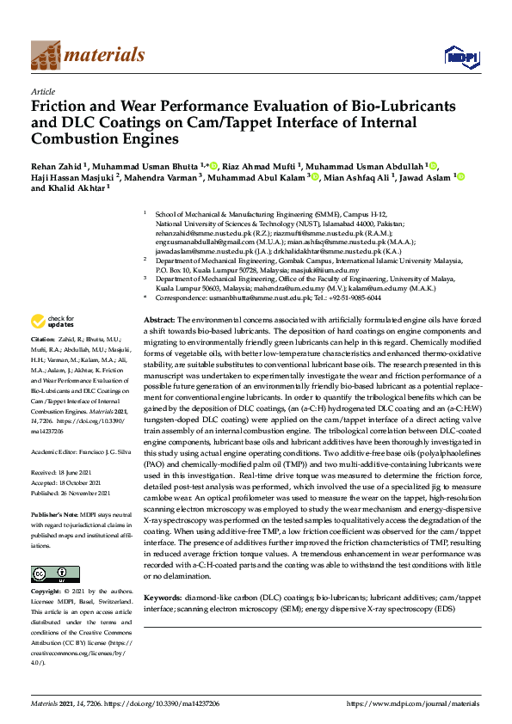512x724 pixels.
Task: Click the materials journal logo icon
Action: point(46,55)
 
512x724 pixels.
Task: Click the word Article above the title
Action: point(42,91)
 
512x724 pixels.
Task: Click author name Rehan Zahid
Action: point(59,165)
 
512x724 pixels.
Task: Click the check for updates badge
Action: point(51,322)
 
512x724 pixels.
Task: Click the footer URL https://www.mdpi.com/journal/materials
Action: point(412,703)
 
